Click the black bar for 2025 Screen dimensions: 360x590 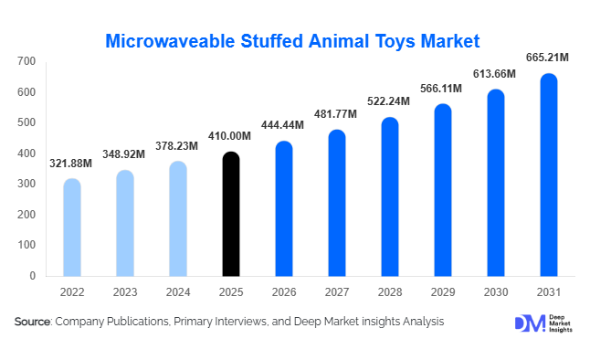coord(231,214)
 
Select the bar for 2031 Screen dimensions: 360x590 coord(548,175)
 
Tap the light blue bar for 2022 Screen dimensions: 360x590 coord(72,227)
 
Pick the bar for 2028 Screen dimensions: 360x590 coord(389,196)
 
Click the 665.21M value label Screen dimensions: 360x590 coord(548,58)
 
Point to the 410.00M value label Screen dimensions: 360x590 coord(231,136)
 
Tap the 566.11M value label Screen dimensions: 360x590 coord(442,89)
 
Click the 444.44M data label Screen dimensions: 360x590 coord(283,125)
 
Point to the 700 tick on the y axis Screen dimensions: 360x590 coord(26,61)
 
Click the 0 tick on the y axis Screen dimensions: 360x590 coord(32,275)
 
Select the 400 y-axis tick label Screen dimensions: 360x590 coord(26,153)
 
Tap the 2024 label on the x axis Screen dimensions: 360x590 coord(178,292)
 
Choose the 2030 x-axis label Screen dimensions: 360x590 coord(495,292)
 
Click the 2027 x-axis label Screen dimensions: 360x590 coord(336,292)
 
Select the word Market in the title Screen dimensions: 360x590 coord(446,40)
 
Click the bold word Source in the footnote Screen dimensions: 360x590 coord(32,322)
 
